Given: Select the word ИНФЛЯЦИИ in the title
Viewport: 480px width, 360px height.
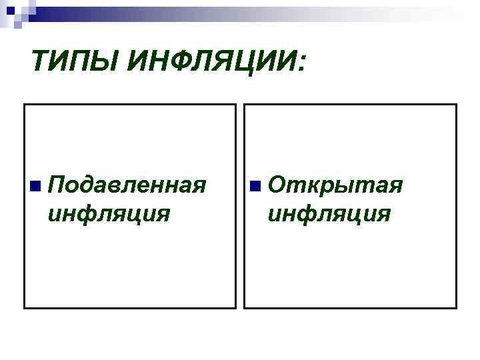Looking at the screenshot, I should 212,65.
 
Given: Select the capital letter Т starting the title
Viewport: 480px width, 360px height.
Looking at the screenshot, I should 41,65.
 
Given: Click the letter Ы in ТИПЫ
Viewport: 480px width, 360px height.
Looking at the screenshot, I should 107,65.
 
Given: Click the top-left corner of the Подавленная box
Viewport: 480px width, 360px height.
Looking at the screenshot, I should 25,105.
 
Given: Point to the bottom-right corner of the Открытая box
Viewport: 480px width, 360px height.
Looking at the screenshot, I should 456,308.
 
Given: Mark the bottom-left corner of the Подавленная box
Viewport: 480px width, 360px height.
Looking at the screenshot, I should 25,308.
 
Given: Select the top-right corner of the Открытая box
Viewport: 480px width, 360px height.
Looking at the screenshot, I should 456,105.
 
